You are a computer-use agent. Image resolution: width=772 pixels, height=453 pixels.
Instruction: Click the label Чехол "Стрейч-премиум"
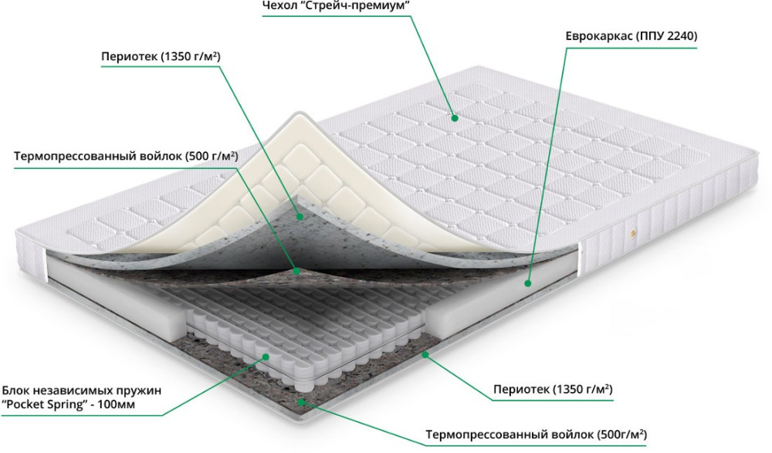(337, 6)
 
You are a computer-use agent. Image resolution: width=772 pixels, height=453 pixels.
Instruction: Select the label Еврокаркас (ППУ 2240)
(631, 36)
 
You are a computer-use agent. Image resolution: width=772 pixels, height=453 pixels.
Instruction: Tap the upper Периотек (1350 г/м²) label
(161, 56)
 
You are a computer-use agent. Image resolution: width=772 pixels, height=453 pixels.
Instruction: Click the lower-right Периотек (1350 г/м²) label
(553, 390)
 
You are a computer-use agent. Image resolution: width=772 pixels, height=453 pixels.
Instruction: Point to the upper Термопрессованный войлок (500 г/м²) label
(126, 157)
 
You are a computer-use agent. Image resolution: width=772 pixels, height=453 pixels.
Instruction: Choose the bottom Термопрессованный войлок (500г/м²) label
(537, 434)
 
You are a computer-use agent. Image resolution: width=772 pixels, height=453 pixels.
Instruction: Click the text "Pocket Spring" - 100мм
(69, 404)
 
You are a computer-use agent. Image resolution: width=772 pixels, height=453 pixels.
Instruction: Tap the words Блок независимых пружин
(82, 391)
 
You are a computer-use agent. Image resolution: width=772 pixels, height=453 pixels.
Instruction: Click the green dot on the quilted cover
(455, 118)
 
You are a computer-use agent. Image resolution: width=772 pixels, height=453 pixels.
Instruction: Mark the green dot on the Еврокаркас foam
(527, 283)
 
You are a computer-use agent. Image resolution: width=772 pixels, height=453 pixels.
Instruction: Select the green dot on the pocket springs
(266, 357)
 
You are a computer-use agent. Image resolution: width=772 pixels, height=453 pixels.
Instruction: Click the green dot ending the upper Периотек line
(300, 215)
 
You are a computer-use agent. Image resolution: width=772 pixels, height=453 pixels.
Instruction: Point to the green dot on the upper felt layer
(296, 271)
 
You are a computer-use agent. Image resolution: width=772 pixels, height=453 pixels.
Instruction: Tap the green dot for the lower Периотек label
(425, 353)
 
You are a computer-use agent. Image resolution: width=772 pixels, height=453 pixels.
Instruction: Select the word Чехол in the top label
(279, 6)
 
